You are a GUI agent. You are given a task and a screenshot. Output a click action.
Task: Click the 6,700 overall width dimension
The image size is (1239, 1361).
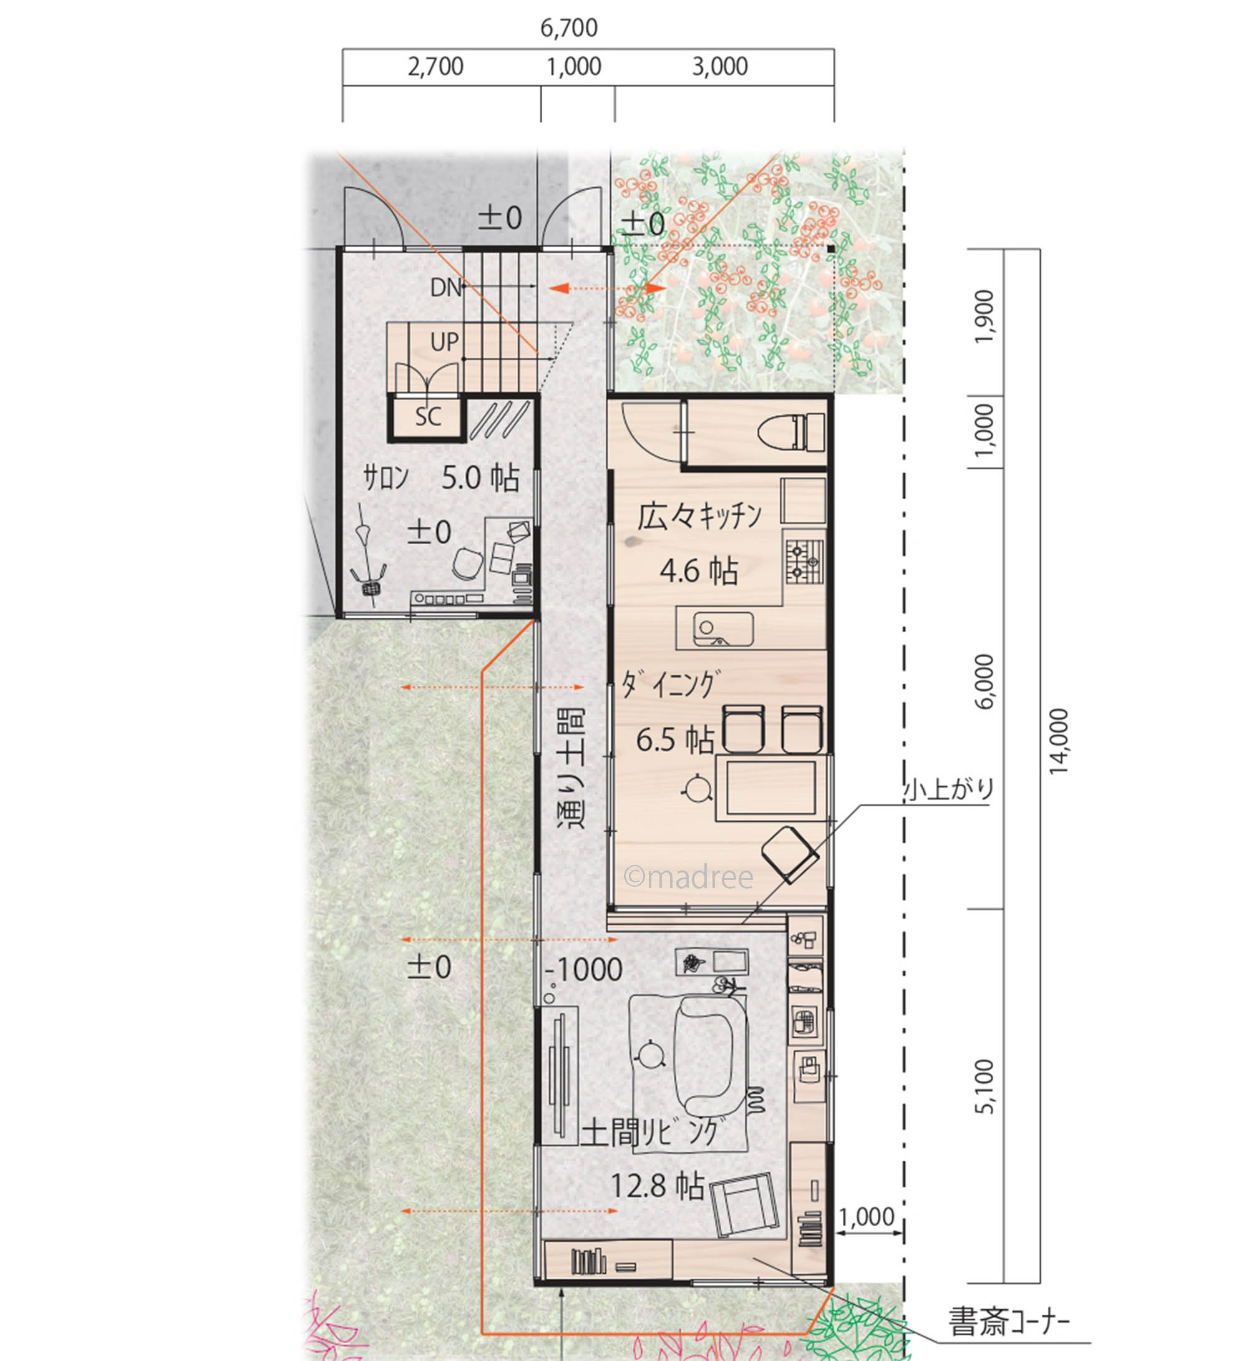coord(569,27)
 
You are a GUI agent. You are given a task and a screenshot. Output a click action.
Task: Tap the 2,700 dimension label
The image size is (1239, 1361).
coord(435,66)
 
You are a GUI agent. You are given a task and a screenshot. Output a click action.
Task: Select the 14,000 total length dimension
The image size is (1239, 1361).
coord(1059,741)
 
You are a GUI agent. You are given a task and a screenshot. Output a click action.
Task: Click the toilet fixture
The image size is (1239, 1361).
coord(792,431)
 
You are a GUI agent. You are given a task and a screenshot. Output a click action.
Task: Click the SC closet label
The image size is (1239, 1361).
coord(428,416)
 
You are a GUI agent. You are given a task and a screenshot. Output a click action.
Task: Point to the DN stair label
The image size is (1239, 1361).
coord(445,288)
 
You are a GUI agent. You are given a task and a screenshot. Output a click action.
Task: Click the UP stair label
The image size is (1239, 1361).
coord(444,342)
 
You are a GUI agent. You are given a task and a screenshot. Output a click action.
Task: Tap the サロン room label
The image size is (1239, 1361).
coord(386,478)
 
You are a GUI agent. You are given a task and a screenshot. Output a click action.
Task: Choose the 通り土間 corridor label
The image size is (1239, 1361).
coord(571,768)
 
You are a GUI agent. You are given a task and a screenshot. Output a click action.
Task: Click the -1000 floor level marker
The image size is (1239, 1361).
coord(583,970)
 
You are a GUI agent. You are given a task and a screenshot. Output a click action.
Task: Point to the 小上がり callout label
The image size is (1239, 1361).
coord(949,789)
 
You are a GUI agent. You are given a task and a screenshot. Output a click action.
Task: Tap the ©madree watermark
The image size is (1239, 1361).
coord(688,877)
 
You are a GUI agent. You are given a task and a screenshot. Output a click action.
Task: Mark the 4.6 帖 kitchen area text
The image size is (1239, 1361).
coord(699,570)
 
